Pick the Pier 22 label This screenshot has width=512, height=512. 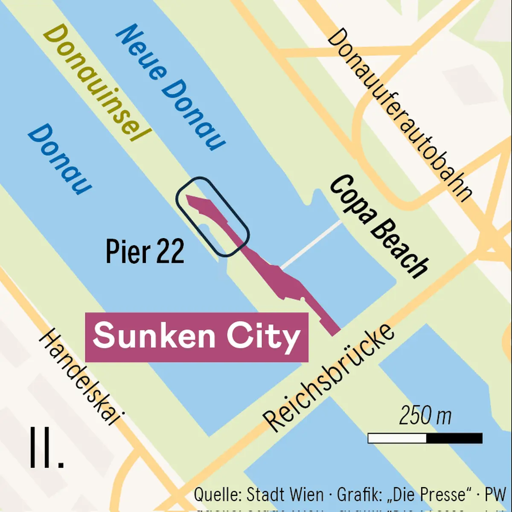tap(145, 252)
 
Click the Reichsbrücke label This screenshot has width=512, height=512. tap(329, 378)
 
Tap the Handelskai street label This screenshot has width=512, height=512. tap(79, 378)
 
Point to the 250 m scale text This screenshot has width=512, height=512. tap(425, 416)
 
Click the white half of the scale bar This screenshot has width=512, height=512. tap(397, 438)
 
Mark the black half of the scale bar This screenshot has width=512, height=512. tap(454, 438)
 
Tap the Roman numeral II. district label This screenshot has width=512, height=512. tap(46, 448)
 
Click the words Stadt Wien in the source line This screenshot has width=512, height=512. tap(285, 495)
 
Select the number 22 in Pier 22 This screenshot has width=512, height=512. tap(170, 252)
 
